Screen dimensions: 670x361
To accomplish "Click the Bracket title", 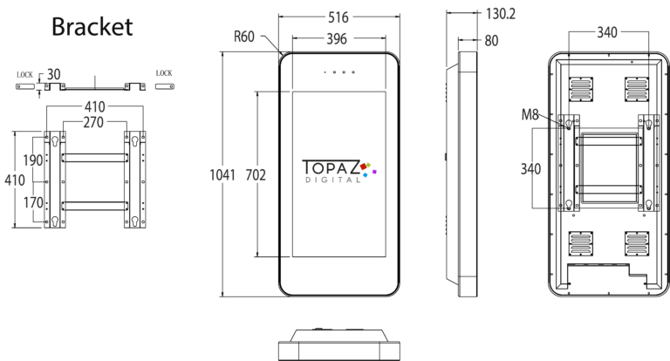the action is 92,26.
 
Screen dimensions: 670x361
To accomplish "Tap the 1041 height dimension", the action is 222,174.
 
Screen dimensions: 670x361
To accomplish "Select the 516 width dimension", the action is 338,17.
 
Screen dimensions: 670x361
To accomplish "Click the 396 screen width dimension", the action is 337,39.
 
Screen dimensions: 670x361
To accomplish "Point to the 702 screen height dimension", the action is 256,174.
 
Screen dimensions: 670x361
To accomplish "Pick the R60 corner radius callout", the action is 244,37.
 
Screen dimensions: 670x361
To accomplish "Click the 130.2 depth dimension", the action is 501,14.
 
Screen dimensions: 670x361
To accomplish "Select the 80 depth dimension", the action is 491,41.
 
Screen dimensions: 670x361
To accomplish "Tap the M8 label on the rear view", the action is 530,114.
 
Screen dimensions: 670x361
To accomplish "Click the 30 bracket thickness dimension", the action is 53,74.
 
